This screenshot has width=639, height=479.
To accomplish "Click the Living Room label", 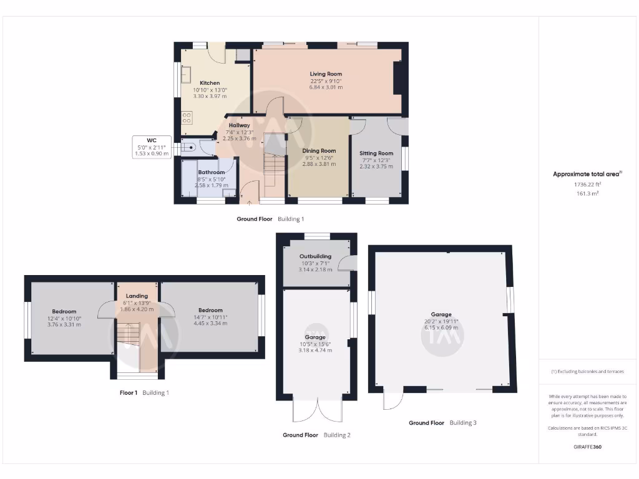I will (x=326, y=74).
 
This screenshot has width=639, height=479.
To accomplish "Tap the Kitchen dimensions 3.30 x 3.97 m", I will (x=210, y=97).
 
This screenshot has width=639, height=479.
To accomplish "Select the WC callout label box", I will (x=151, y=147).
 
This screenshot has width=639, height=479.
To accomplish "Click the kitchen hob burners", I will (x=186, y=117).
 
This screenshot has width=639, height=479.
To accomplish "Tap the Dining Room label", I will (x=319, y=150).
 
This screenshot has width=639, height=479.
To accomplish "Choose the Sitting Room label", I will (x=376, y=153).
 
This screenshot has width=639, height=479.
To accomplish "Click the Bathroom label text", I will (x=211, y=172).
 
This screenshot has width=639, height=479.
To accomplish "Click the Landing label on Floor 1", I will (x=137, y=296).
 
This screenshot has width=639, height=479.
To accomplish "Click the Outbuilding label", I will (x=315, y=256).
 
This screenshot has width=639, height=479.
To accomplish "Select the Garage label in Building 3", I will (x=441, y=314).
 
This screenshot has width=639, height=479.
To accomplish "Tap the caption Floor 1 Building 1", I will (x=144, y=393).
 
